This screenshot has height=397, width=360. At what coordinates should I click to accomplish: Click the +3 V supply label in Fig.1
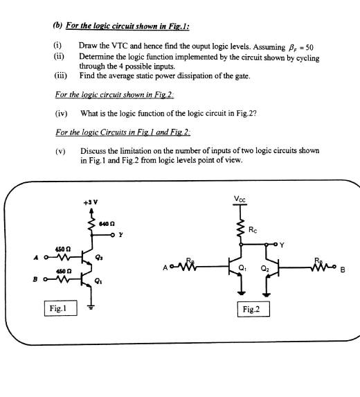[91, 202]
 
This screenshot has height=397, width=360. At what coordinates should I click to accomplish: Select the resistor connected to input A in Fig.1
[62, 258]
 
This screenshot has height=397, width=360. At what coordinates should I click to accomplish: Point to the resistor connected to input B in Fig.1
[62, 279]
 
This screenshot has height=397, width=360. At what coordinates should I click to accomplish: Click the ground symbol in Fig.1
[91, 307]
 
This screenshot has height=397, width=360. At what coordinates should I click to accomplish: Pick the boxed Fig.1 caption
[60, 308]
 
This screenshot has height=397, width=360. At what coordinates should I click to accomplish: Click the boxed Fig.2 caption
[253, 309]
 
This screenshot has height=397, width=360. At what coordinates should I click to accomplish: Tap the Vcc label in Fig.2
[240, 199]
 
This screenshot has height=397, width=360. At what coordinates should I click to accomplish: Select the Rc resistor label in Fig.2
[253, 229]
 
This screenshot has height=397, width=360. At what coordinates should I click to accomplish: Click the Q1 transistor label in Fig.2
[242, 268]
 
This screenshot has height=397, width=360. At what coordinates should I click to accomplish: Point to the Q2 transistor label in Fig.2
[264, 268]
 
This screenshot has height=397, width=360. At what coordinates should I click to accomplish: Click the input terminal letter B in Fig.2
[343, 270]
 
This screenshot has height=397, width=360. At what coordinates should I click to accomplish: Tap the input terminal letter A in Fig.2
[165, 267]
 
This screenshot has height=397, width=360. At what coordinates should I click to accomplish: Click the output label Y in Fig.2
[282, 245]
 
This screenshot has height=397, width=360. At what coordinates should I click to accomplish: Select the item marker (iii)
[61, 76]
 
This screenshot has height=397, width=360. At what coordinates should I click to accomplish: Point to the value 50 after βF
[309, 47]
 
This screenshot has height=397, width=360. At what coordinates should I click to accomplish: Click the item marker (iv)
[61, 114]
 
